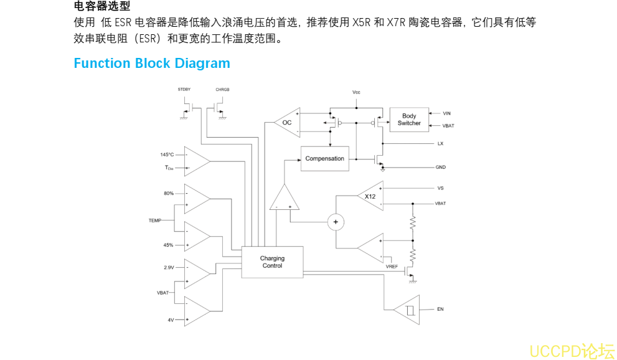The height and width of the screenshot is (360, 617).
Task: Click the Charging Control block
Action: tap(272, 262)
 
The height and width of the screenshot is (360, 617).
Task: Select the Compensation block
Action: tap(324, 159)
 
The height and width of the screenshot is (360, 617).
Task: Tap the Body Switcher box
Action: tap(409, 120)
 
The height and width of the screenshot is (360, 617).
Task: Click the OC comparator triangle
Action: tap(287, 123)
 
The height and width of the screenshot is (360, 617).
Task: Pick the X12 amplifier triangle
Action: tap(371, 197)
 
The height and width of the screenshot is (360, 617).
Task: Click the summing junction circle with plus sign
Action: tap(336, 222)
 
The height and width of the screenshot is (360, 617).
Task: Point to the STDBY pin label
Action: tap(184, 90)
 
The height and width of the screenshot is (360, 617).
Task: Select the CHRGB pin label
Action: tap(222, 90)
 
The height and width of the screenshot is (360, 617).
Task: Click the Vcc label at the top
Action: tap(356, 92)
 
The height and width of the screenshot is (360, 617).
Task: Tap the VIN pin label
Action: tap(446, 113)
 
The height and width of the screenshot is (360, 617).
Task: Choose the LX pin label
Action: tap(440, 143)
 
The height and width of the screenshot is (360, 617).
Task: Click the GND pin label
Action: tap(441, 167)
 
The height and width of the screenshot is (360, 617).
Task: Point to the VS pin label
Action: tap(441, 187)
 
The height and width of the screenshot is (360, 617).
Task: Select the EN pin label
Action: tap(440, 309)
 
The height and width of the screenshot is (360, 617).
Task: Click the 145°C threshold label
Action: tap(167, 154)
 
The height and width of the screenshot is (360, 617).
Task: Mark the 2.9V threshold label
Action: tap(169, 267)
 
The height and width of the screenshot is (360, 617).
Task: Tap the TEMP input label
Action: tap(155, 220)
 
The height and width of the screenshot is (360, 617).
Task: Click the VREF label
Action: tap(392, 267)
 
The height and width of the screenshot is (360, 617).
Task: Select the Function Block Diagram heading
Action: tap(152, 64)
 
